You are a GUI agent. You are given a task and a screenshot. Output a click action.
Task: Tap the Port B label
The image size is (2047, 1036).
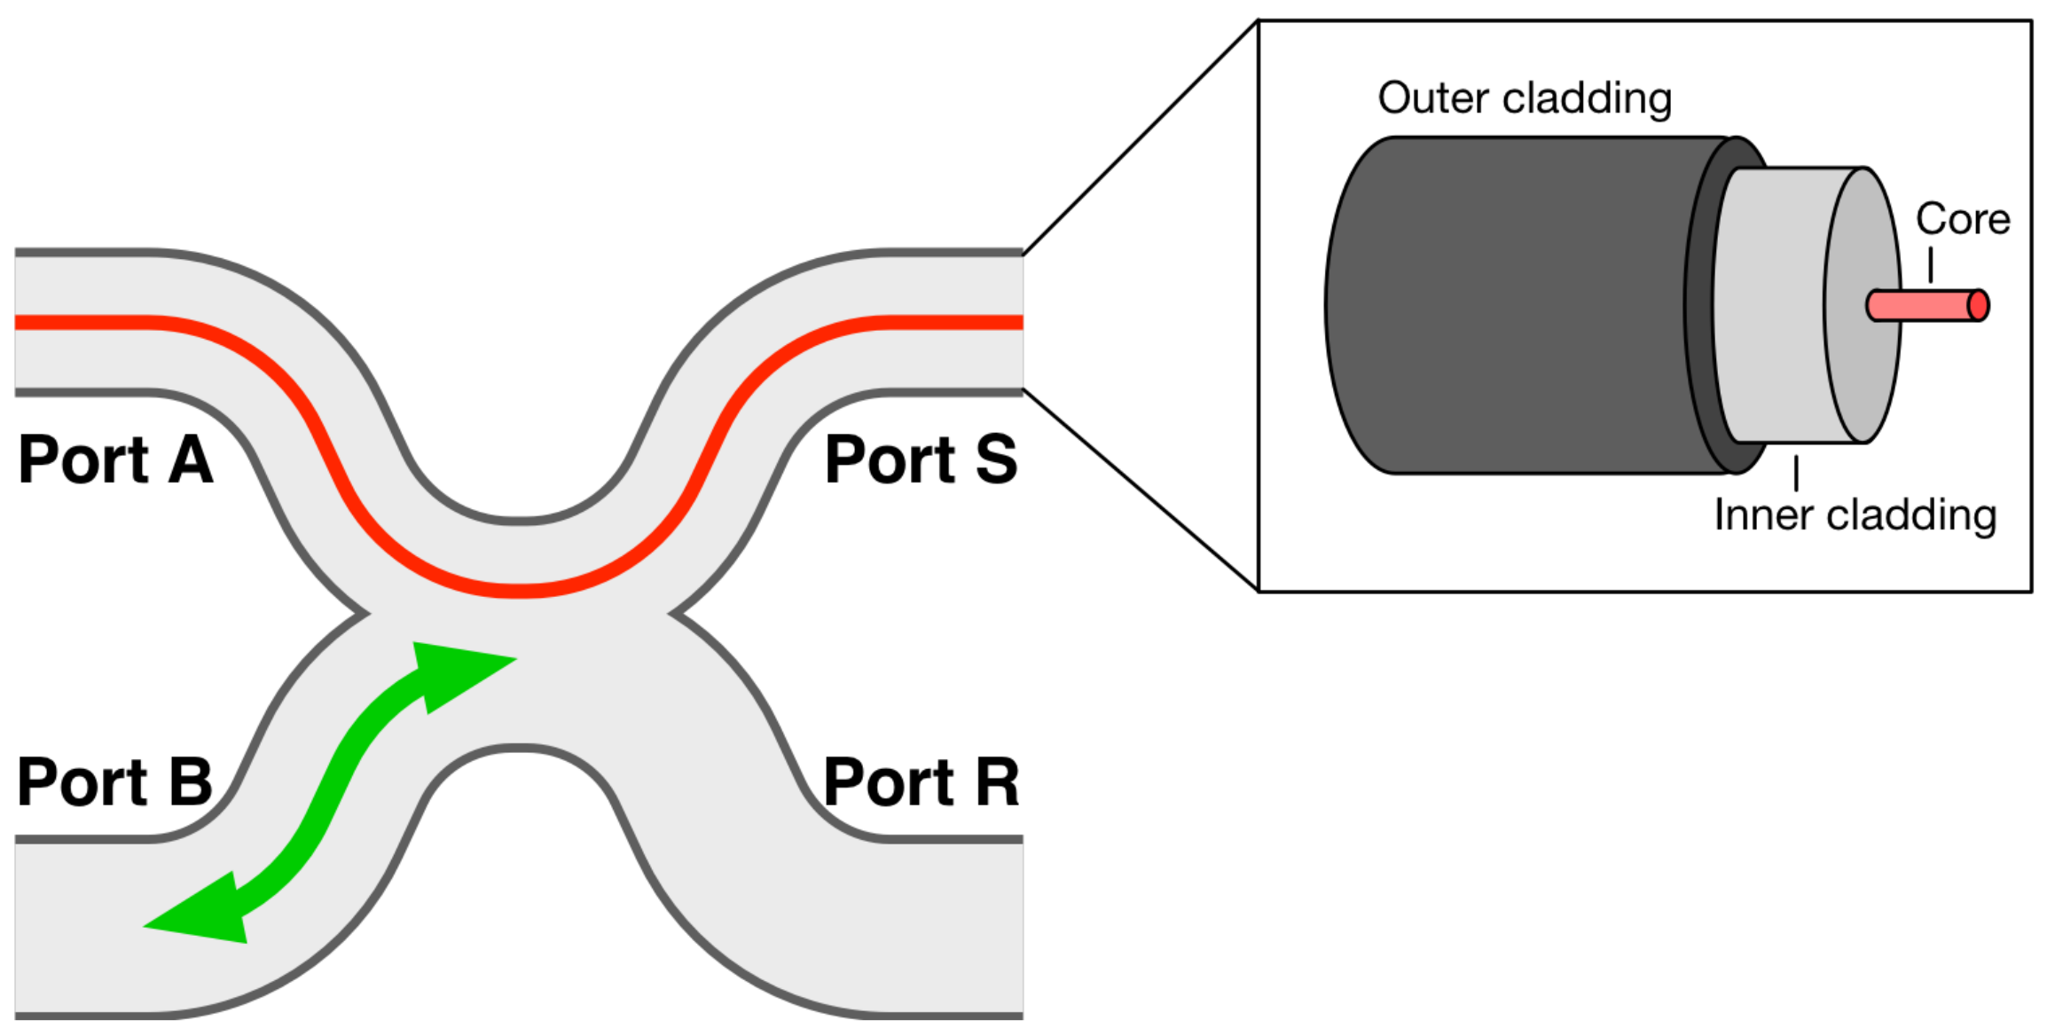pos(115,782)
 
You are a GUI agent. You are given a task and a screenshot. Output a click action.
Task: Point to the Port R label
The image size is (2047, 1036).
pos(921,782)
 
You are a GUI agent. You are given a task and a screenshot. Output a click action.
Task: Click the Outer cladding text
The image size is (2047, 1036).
pos(1525,98)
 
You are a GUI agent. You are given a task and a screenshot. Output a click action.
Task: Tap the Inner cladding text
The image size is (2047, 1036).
pos(1855,515)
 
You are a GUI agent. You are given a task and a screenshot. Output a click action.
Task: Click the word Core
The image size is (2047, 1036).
pos(1963,219)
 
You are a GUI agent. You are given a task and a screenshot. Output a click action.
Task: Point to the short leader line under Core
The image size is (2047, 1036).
pos(1931,264)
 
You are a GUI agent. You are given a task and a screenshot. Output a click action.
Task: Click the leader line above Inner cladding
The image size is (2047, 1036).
pos(1796,473)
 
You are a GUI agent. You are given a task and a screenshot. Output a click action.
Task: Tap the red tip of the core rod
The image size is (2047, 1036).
pos(1978,306)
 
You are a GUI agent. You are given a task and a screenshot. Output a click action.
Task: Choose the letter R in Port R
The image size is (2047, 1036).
pos(997,782)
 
